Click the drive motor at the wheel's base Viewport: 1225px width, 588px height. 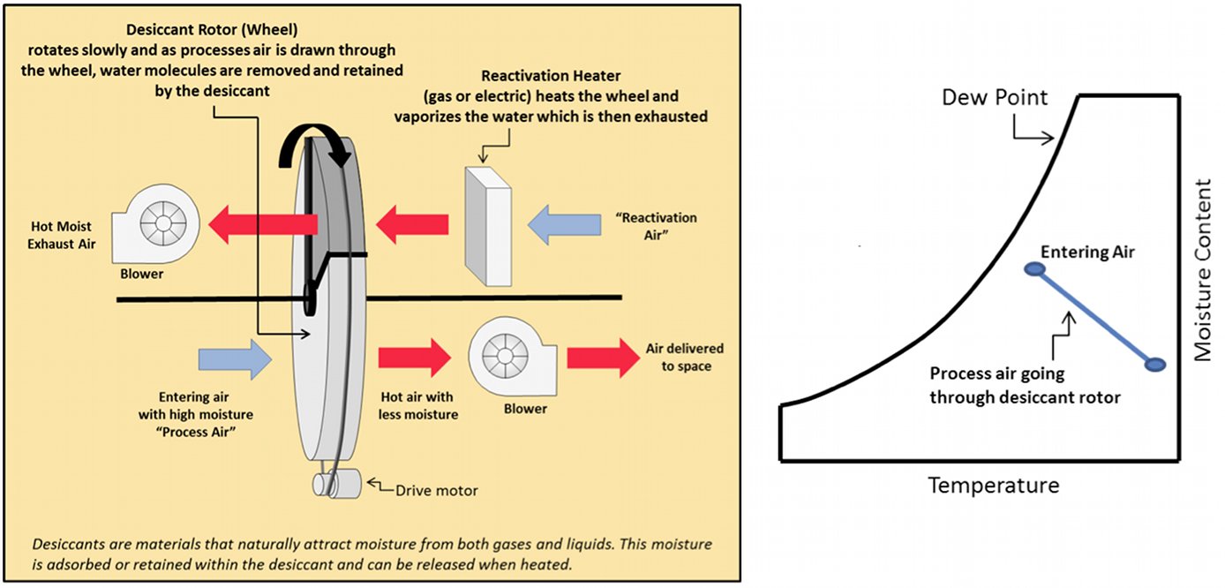(x=337, y=484)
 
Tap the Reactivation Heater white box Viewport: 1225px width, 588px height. (x=488, y=226)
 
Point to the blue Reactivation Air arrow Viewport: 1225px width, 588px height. (x=564, y=225)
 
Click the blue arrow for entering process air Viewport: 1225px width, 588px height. (x=235, y=359)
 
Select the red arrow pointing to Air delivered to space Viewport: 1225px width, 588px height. (x=603, y=358)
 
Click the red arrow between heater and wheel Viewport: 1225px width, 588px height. (x=412, y=224)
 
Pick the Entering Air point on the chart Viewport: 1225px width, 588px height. (x=1034, y=269)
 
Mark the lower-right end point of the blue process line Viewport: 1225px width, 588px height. (x=1155, y=365)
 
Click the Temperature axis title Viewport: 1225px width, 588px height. (x=994, y=486)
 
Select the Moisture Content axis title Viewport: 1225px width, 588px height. (x=1203, y=270)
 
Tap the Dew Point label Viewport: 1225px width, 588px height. (x=995, y=97)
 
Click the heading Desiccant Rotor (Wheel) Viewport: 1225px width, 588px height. (x=212, y=29)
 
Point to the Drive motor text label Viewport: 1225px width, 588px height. (x=436, y=491)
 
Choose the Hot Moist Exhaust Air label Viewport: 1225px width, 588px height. (x=61, y=235)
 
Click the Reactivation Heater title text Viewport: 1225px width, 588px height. (x=551, y=75)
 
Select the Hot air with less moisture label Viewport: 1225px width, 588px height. (x=418, y=405)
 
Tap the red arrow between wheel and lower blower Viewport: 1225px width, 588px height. (x=415, y=358)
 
